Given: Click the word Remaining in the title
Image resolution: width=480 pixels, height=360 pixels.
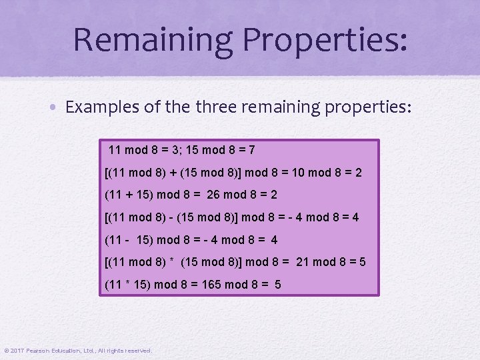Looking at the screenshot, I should click(153, 39).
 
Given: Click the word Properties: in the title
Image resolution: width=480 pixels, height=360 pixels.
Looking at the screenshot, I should click(325, 39).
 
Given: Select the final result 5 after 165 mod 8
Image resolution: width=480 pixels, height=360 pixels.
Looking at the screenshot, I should click(277, 285).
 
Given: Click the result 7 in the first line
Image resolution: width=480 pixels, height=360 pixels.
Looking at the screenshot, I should click(251, 150).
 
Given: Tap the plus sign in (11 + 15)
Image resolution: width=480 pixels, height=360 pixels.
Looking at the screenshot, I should click(135, 195).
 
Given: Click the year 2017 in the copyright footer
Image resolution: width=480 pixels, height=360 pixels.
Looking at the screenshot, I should click(17, 351).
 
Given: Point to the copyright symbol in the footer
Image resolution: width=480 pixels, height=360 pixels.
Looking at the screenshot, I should click(6, 351).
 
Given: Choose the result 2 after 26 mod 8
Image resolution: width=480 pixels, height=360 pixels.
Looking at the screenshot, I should click(273, 195).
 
